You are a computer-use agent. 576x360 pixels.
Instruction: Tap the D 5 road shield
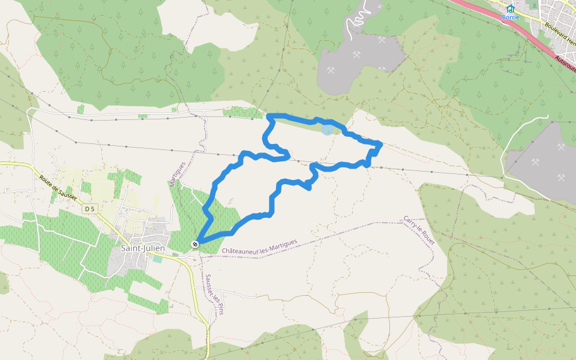tap(90, 208)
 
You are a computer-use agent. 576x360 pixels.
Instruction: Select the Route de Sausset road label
tap(58, 187)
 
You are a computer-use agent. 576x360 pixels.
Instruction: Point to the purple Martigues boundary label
tap(178, 173)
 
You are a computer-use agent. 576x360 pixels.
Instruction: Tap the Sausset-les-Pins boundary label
tap(214, 294)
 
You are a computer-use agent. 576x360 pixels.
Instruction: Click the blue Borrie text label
tap(511, 17)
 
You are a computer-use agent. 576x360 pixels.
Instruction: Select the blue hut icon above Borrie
tap(511, 8)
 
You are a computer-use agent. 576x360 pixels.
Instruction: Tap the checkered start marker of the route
tap(195, 244)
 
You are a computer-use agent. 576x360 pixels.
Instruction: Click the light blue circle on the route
tap(327, 129)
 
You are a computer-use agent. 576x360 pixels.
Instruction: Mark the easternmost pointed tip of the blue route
tap(381, 143)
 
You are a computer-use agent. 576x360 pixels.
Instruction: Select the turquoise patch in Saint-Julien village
tap(157, 259)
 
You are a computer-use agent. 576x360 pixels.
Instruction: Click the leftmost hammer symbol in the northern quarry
tap(331, 70)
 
